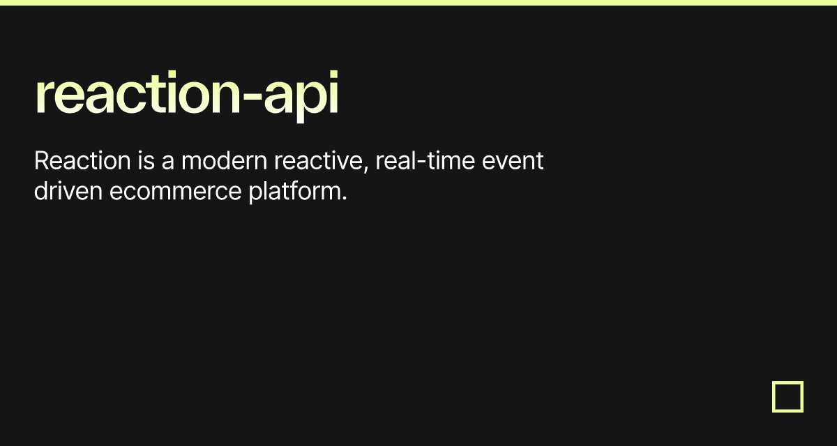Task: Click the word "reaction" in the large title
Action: pos(137,92)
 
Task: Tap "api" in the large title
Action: pos(301,95)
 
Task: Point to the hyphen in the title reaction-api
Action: pos(252,97)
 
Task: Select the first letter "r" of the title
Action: pos(43,95)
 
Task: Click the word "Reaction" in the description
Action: pos(82,160)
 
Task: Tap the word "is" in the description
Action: pos(146,160)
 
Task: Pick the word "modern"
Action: pos(224,160)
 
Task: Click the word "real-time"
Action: pos(425,160)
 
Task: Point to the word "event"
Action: pos(513,161)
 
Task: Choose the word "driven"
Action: pos(68,191)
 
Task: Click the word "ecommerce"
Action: pos(176,192)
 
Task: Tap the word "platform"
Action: pos(295,192)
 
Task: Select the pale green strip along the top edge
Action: pos(418,3)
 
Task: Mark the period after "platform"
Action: pos(345,199)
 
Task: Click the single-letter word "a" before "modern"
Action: pos(168,163)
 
